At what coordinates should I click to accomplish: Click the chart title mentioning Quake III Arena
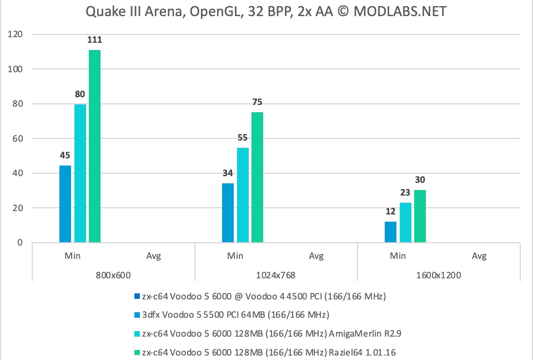[266, 11]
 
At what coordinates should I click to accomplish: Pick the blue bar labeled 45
[65, 204]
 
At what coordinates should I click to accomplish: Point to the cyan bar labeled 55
[243, 195]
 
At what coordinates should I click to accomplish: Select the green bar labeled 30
[420, 216]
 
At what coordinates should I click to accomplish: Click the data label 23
[405, 193]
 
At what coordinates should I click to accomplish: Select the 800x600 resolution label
[113, 275]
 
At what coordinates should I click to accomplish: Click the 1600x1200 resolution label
[438, 275]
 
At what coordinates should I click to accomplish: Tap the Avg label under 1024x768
[316, 256]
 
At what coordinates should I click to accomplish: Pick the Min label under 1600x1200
[398, 256]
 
